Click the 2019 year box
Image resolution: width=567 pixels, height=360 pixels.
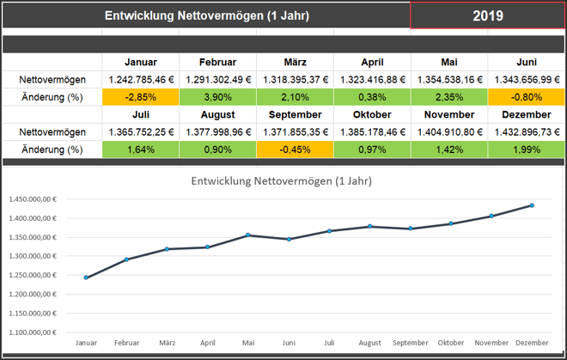487,15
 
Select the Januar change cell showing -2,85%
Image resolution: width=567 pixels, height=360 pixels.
140,96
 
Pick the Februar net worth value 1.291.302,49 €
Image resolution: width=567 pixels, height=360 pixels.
217,79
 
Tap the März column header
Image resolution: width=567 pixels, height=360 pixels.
295,62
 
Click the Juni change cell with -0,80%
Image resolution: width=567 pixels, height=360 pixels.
526,96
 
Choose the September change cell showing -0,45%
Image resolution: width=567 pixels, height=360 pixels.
295,149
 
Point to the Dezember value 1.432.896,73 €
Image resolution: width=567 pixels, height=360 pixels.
526,132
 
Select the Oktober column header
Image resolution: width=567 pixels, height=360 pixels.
372,115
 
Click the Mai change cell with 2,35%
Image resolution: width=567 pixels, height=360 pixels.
449,96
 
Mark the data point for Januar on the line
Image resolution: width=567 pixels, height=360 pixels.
86,278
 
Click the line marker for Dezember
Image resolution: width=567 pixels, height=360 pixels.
532,205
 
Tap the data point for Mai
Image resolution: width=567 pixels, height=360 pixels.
248,235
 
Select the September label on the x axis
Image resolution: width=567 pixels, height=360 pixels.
410,342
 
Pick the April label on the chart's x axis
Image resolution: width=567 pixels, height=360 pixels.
207,342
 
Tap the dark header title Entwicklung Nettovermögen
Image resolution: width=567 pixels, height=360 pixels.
206,15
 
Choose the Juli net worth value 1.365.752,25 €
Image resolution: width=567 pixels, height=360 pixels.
140,132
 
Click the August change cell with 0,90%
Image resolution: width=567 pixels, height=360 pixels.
217,149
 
